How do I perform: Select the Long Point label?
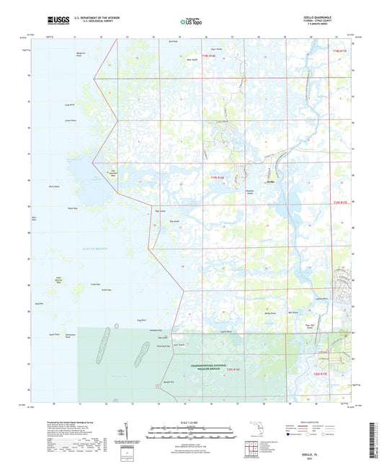[x=69, y=105]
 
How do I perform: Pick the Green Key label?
[x=106, y=290]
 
